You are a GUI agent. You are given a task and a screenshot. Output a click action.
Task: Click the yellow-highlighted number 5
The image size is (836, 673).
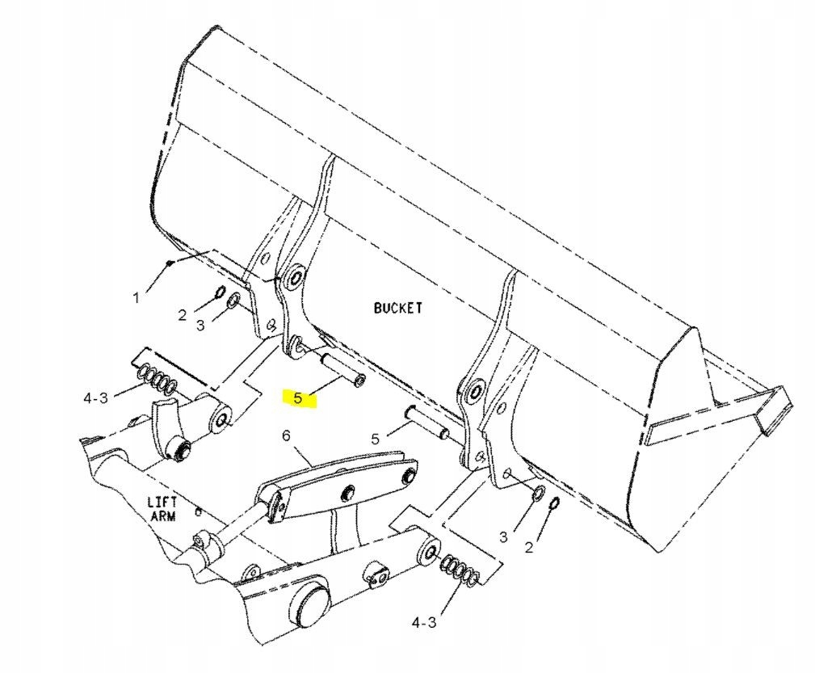click(x=298, y=397)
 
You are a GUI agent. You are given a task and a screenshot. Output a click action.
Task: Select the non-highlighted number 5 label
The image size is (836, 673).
click(x=375, y=439)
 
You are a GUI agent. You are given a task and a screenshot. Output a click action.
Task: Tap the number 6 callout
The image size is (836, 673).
click(x=285, y=435)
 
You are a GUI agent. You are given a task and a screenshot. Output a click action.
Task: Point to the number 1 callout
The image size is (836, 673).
click(x=136, y=298)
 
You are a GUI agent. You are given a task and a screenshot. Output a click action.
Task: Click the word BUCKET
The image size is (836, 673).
click(x=397, y=308)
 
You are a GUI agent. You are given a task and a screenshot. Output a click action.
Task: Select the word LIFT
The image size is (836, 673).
click(x=162, y=501)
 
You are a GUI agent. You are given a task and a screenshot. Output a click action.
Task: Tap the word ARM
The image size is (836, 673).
click(x=163, y=515)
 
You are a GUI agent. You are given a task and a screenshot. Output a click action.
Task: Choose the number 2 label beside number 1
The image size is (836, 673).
click(x=183, y=315)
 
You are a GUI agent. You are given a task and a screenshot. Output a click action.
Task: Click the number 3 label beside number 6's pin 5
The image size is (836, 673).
click(x=502, y=536)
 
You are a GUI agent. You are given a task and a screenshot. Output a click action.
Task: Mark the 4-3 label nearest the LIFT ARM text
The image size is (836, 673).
click(x=95, y=397)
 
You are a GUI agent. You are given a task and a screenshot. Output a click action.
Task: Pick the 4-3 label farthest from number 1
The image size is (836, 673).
click(x=424, y=622)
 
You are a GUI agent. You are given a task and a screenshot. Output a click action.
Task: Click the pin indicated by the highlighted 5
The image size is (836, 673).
click(x=343, y=370)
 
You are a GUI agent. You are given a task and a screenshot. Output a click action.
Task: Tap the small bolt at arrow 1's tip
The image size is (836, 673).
click(x=168, y=263)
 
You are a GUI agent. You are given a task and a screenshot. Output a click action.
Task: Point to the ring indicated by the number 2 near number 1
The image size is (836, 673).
click(x=219, y=292)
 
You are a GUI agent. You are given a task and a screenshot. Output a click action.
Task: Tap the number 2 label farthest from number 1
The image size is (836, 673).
click(x=529, y=548)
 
